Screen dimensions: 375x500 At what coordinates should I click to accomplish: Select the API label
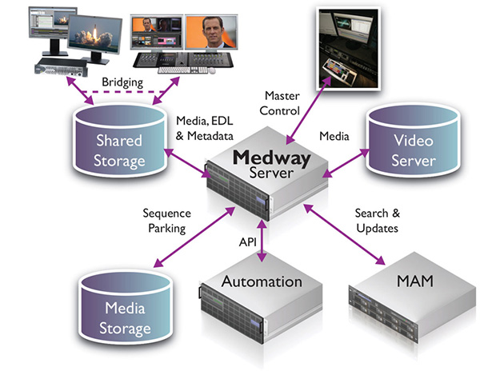click(x=249, y=241)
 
